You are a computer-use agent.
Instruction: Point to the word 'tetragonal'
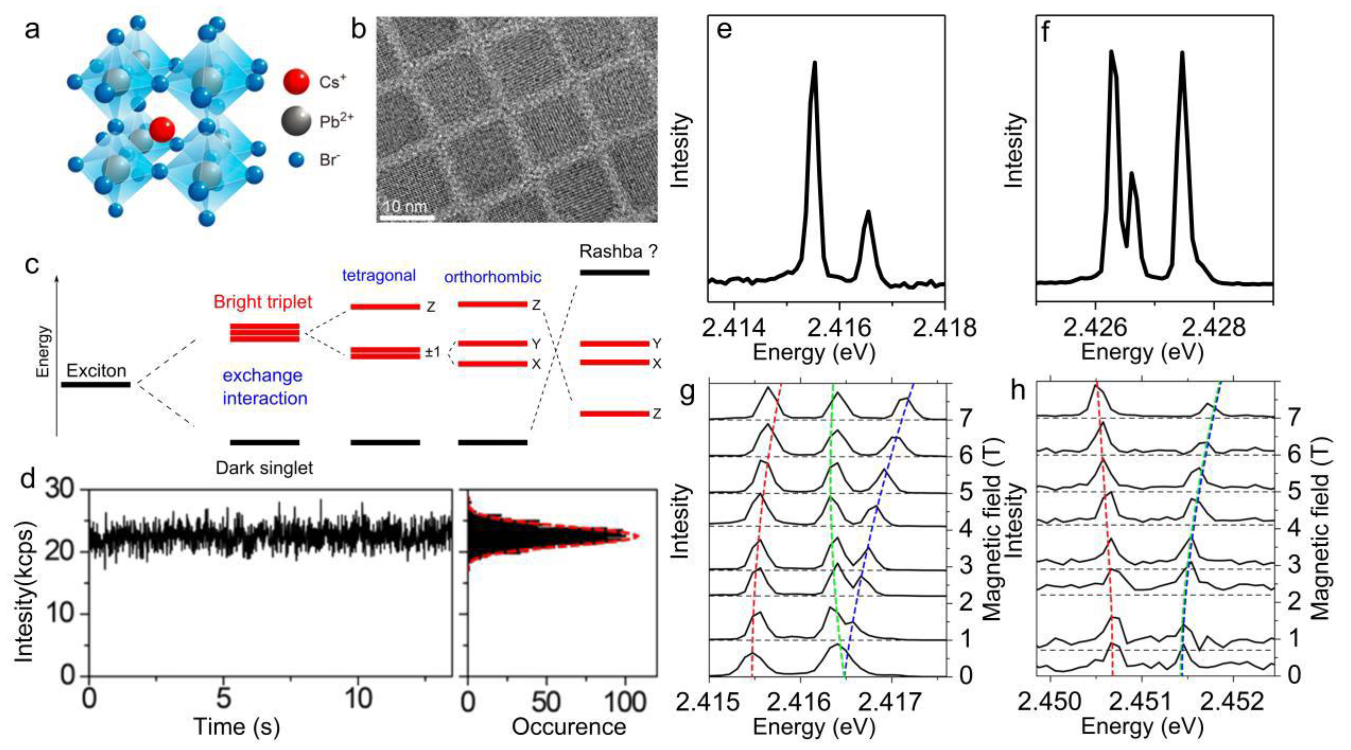point(379,275)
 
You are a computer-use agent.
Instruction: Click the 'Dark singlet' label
point(264,468)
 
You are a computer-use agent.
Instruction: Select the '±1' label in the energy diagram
point(433,353)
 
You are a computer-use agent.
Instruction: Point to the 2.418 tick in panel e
point(945,327)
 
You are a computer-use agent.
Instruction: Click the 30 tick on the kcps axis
point(61,491)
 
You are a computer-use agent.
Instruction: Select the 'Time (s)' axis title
point(236,727)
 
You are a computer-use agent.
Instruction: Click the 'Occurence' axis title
point(569,727)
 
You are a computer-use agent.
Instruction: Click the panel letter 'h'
point(1017,391)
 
